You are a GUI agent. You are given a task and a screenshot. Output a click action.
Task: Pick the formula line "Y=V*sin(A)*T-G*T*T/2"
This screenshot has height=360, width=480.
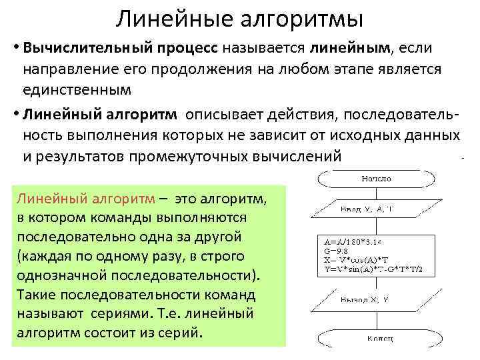[378, 269]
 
